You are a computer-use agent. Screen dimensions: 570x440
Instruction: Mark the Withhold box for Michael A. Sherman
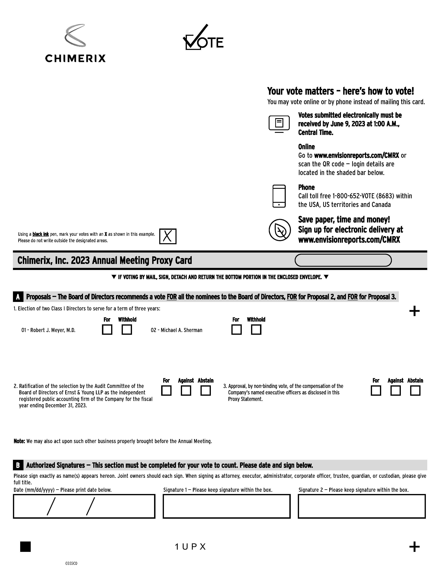[x=256, y=330]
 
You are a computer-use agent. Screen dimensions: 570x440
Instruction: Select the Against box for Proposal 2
[x=186, y=391]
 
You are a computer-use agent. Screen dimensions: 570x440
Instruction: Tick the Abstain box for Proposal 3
[x=415, y=391]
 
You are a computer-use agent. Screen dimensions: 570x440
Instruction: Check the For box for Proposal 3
[x=376, y=391]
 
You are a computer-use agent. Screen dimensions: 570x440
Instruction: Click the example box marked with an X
[x=168, y=236]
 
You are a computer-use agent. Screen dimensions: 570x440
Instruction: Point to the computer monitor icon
[x=279, y=124]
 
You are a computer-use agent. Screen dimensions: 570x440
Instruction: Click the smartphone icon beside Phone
[x=279, y=196]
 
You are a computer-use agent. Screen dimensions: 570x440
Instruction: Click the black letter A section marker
[x=18, y=297]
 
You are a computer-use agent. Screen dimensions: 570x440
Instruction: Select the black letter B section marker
[x=18, y=465]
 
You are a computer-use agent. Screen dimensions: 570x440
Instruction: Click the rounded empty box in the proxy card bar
[x=343, y=260]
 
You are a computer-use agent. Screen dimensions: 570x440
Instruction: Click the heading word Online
[x=306, y=147]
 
